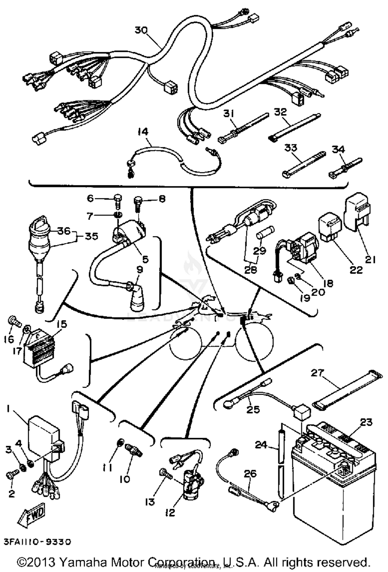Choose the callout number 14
[x=142, y=131]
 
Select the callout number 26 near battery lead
[x=250, y=474]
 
